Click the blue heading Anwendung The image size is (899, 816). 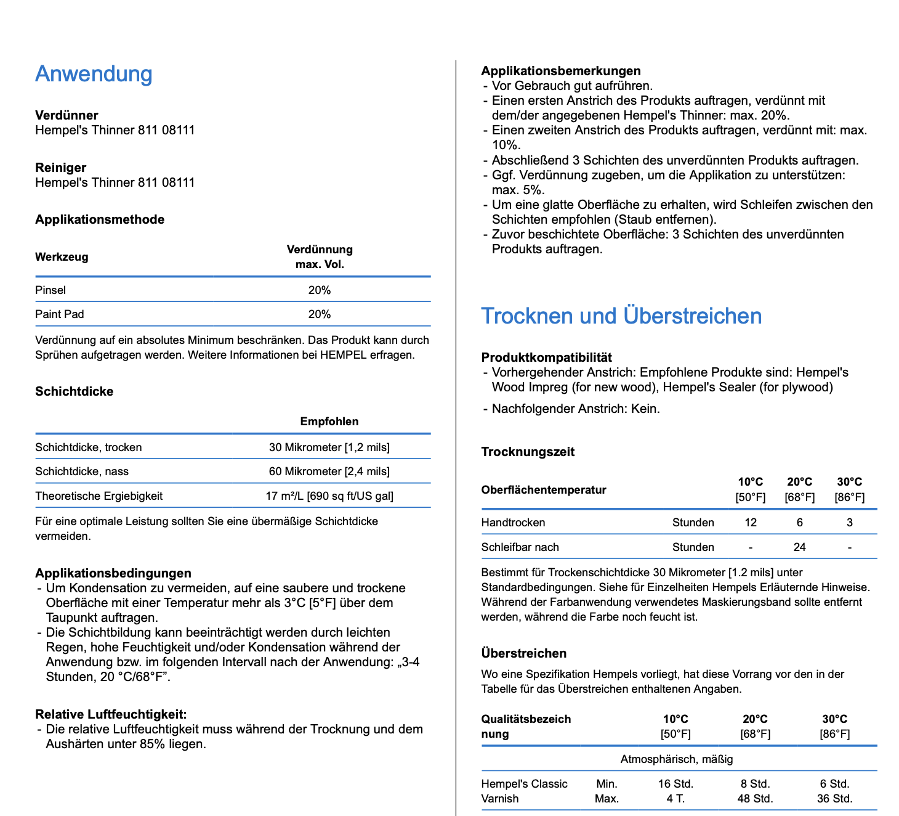[94, 74]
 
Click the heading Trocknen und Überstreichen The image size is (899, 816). [621, 316]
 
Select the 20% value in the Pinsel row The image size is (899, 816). [320, 290]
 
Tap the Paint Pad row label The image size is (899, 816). [60, 314]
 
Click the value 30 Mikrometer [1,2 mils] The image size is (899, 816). [329, 447]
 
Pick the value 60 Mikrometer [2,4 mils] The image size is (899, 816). [329, 471]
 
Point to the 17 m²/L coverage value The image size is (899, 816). [329, 496]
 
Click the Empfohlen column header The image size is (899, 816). [329, 422]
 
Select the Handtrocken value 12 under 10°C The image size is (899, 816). [751, 523]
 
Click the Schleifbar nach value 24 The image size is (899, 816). [800, 547]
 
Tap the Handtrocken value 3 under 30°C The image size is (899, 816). [850, 523]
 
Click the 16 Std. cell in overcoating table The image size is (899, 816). [675, 784]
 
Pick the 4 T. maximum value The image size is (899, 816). [675, 799]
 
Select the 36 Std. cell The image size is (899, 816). [835, 799]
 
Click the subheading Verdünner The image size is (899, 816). [67, 115]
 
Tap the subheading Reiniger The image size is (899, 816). [60, 168]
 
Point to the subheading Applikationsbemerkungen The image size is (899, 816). [561, 71]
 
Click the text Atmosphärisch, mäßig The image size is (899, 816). [677, 759]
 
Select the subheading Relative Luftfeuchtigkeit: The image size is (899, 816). [111, 714]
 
